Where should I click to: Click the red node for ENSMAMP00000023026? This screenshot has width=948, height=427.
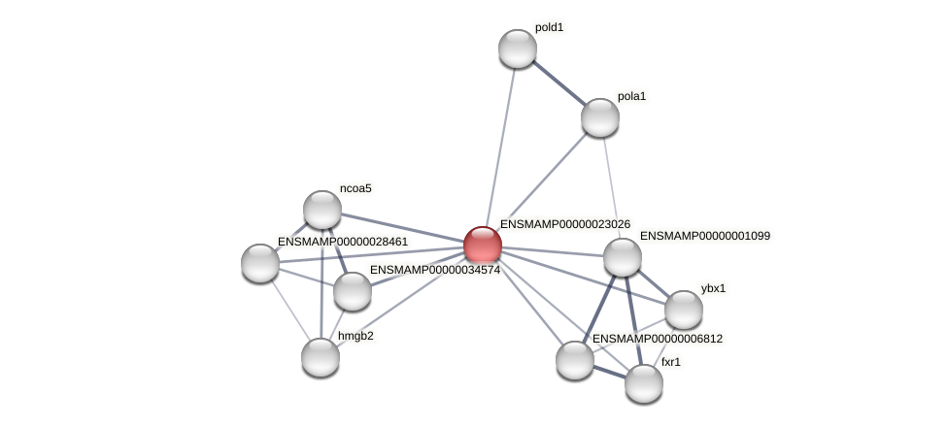click(x=483, y=246)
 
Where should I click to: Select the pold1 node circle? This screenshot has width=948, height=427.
click(x=518, y=49)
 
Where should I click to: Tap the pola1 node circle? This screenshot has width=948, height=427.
click(x=600, y=117)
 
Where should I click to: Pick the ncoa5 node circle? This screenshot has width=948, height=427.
click(x=322, y=210)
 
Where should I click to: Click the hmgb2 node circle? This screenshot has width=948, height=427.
click(x=321, y=356)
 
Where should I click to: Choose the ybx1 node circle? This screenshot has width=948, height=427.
click(x=684, y=310)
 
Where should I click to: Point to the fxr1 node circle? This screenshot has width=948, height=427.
click(x=643, y=382)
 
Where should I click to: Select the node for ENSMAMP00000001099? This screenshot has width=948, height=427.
click(x=623, y=257)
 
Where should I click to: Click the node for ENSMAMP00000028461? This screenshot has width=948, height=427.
click(x=260, y=262)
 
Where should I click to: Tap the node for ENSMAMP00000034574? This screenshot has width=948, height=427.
click(x=353, y=291)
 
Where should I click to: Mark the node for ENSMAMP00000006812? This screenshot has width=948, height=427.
click(x=575, y=360)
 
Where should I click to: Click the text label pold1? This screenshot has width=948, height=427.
click(x=549, y=27)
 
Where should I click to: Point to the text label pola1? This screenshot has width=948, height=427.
click(x=631, y=96)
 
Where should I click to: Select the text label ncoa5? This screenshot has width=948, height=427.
click(x=355, y=188)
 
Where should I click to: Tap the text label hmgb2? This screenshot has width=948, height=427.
click(x=355, y=336)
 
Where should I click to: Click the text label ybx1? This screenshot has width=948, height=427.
click(x=713, y=288)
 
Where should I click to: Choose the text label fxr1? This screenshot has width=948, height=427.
click(x=671, y=362)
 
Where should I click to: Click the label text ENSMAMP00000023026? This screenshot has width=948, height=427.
click(x=564, y=224)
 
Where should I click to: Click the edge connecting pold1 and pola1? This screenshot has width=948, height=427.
click(x=559, y=82)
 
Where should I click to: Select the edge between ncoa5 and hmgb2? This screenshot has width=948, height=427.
click(x=322, y=281)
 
